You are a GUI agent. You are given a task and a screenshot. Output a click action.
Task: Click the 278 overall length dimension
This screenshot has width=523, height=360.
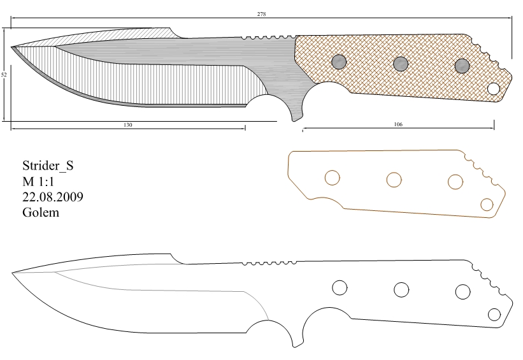[261, 14]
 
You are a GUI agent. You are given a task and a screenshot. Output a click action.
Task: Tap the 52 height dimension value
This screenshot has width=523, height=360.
[4, 75]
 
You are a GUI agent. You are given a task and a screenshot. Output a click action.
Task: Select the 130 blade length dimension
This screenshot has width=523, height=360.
[128, 125]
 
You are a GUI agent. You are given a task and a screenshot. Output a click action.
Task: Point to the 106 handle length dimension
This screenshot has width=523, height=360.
[398, 124]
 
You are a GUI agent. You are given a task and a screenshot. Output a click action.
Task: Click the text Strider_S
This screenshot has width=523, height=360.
[48, 166]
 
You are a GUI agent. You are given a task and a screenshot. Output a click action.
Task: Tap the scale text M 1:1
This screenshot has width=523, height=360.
[38, 182]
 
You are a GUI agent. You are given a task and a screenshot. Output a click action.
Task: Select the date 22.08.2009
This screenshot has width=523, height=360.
[53, 197]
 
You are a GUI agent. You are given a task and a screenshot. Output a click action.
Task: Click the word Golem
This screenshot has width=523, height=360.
[41, 212]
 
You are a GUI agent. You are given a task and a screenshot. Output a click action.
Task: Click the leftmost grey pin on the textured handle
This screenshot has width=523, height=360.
[339, 62]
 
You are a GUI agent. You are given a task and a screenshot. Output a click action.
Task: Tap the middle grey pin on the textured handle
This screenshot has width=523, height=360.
[401, 64]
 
